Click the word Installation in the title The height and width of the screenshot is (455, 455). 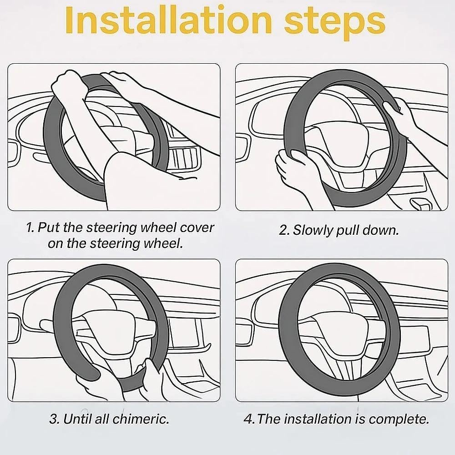click(169, 20)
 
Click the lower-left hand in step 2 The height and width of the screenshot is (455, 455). click(296, 170)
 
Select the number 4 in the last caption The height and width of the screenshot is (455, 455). click(248, 420)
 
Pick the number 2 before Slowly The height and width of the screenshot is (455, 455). click(283, 231)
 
